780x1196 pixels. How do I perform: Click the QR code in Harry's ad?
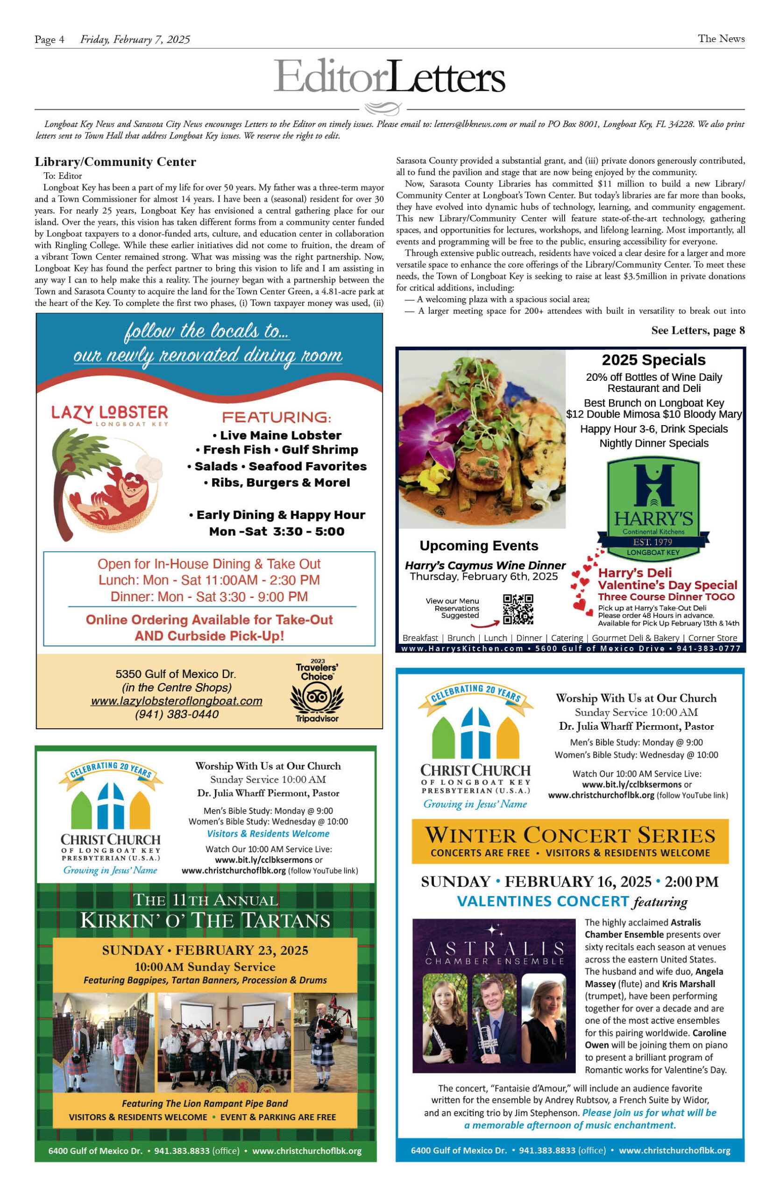pos(518,609)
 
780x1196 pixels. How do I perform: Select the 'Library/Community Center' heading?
pos(115,162)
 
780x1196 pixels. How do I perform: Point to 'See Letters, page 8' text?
pos(698,330)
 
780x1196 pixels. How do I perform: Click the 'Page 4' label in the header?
pos(49,39)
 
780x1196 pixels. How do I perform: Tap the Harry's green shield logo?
pos(653,507)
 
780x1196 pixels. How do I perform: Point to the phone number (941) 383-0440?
pos(176,714)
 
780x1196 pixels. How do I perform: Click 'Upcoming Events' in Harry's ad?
pos(478,546)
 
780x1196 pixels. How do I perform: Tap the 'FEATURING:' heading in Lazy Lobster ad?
pos(276,417)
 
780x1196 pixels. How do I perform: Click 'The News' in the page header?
pos(721,39)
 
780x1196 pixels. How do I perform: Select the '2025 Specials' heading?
pos(653,360)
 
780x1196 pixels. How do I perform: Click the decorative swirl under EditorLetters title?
pos(383,108)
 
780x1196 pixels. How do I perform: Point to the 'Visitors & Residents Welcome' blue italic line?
pos(268,833)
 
